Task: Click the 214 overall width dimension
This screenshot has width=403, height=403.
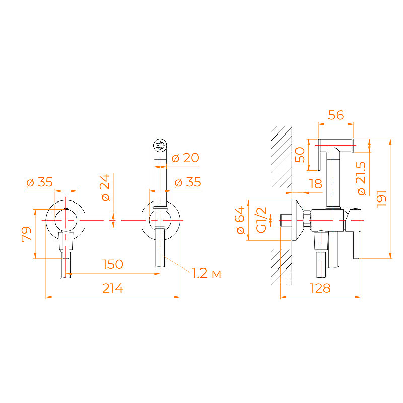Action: click(113, 288)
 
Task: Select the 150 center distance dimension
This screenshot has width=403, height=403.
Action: click(112, 264)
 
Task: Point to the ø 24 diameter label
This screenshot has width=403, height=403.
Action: click(106, 187)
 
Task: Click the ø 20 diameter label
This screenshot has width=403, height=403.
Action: click(185, 158)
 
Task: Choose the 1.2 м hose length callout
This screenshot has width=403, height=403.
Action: click(207, 273)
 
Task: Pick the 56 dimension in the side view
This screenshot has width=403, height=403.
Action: click(335, 115)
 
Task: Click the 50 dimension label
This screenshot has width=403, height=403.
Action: click(300, 155)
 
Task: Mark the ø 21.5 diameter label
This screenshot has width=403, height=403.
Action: click(361, 178)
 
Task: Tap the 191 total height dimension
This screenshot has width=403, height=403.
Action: click(381, 198)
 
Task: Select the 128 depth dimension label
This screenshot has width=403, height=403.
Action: click(320, 288)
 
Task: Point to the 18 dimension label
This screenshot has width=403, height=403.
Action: click(316, 184)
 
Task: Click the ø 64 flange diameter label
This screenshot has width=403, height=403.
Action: click(240, 220)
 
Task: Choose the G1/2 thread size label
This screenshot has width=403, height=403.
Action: click(261, 220)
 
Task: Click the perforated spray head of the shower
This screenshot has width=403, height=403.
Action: click(160, 146)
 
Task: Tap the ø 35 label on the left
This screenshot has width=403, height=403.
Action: click(40, 182)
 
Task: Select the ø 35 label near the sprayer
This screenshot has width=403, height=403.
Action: click(188, 182)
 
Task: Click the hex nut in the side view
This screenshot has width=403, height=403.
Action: click(307, 220)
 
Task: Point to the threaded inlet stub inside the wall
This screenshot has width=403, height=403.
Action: click(286, 220)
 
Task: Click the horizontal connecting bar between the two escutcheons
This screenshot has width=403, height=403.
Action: click(113, 220)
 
